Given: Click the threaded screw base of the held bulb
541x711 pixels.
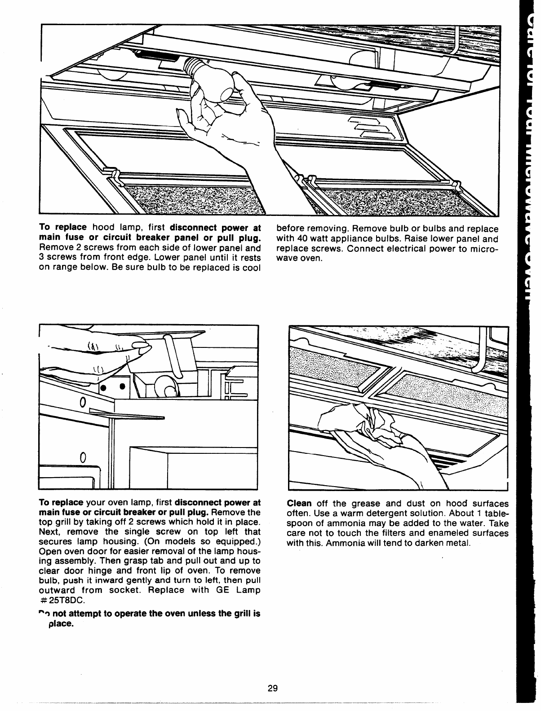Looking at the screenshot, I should coord(191,68).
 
